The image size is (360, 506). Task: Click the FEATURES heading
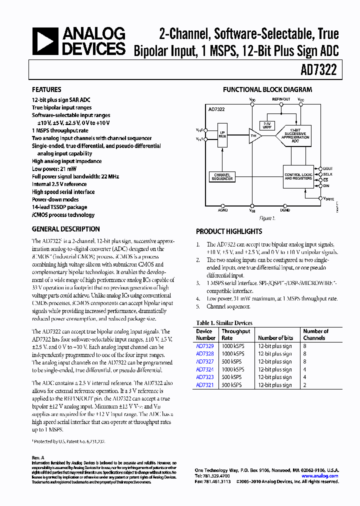coord(46,90)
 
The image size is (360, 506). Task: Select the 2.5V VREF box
coord(266,125)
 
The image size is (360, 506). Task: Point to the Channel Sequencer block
coord(222,176)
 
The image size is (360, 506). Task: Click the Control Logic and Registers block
coord(299,176)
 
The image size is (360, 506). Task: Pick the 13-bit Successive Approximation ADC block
coord(295,135)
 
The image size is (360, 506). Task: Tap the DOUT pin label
coord(327,168)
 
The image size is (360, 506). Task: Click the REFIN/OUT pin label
coord(281,99)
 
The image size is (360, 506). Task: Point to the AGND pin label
coord(222,210)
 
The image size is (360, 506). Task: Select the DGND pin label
coord(285,210)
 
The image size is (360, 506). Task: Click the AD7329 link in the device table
coord(204,346)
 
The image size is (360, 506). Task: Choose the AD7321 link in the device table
coord(204,385)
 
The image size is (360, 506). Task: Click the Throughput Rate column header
coord(235,334)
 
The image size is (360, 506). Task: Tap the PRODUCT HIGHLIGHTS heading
coord(228,231)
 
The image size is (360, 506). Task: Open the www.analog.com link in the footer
coord(320,476)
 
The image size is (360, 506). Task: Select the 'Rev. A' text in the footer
coord(38,457)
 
